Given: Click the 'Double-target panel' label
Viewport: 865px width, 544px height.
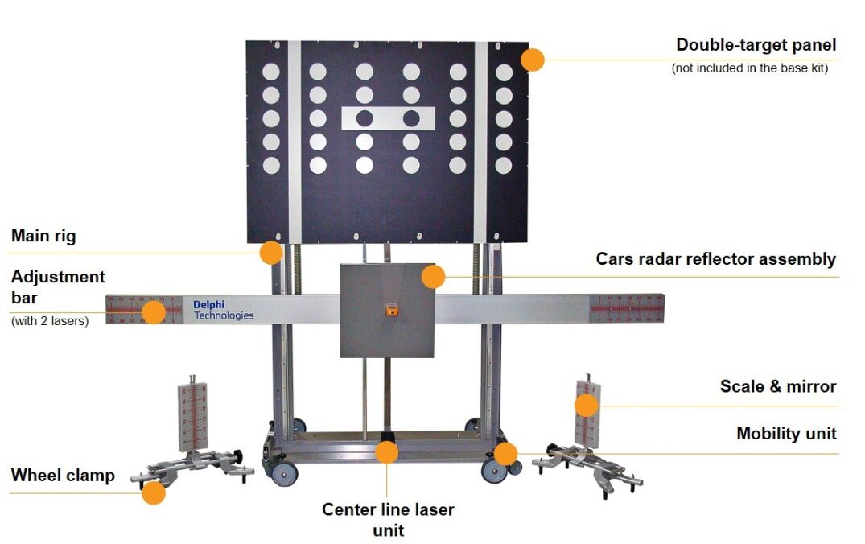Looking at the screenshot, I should (756, 45).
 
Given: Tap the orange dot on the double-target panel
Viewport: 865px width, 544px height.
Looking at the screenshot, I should (532, 60).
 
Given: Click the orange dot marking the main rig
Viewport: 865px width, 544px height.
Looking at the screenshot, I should (271, 253).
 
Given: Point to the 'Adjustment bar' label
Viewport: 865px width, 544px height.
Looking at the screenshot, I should (58, 286).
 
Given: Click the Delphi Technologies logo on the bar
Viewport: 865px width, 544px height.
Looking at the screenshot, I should (223, 310).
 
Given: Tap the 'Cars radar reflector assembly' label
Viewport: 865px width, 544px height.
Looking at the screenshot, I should (715, 259).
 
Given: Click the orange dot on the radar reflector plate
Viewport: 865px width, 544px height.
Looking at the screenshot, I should (433, 277).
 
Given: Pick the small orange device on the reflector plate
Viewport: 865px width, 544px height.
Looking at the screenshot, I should (389, 308).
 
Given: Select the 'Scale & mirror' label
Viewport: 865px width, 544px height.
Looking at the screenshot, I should (778, 386).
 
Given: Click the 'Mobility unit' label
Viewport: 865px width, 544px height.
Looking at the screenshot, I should (786, 434).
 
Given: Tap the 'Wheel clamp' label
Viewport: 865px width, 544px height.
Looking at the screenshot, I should (63, 476).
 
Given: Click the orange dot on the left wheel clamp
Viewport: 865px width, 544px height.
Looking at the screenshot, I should (154, 492).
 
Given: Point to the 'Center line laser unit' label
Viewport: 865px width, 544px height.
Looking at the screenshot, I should (388, 519).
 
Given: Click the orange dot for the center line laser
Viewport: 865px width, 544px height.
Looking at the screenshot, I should (387, 452).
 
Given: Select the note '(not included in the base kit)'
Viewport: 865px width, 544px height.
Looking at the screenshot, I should (749, 68).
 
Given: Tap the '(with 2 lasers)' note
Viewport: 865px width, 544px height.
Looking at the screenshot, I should (50, 321).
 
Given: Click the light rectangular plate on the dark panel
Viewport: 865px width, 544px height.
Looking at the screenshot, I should (388, 119).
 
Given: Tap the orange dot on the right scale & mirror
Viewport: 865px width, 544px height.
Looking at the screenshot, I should (587, 405).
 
